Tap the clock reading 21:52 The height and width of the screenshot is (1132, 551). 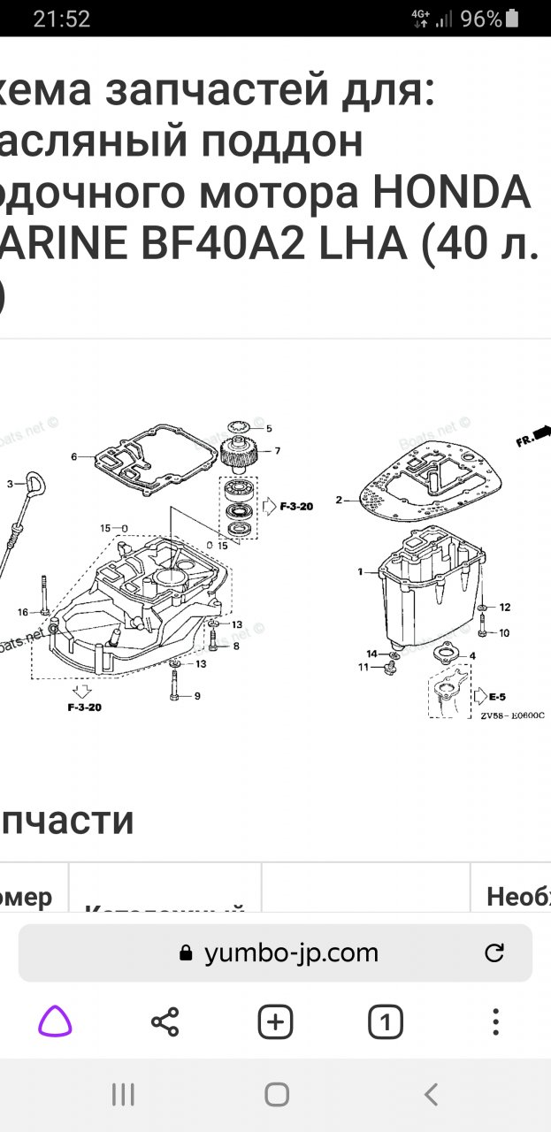point(61,19)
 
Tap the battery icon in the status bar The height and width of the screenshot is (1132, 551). point(514,19)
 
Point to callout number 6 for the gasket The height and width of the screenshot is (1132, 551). point(75,456)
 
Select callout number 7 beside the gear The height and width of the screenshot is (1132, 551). point(277,451)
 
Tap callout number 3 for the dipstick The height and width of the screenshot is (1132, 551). point(10,484)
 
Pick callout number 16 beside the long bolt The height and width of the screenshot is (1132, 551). point(22,611)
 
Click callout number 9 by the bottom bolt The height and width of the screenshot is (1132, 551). point(196,696)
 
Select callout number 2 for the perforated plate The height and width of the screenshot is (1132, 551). point(338,501)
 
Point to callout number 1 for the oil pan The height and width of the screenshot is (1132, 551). point(360,572)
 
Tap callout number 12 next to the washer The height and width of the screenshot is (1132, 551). point(505,608)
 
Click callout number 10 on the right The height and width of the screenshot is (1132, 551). point(504,633)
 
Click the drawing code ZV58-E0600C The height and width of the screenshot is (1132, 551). point(512,715)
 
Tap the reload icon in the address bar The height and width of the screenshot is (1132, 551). point(494,952)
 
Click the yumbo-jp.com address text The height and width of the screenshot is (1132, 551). point(291,952)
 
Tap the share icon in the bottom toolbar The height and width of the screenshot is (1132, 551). point(165,1022)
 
